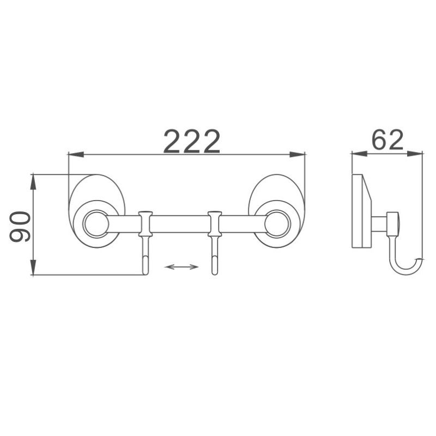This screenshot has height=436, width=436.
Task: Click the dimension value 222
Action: click(x=192, y=142)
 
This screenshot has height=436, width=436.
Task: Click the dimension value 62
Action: click(x=387, y=140)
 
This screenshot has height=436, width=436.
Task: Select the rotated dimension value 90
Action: click(x=20, y=227)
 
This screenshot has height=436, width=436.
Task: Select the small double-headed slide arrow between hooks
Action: click(x=181, y=267)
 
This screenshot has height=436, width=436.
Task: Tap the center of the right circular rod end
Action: click(x=277, y=224)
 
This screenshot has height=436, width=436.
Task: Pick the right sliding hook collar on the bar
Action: click(x=214, y=223)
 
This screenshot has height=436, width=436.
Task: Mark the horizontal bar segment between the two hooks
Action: click(x=180, y=223)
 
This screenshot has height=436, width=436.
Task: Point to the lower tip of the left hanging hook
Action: click(x=145, y=271)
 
